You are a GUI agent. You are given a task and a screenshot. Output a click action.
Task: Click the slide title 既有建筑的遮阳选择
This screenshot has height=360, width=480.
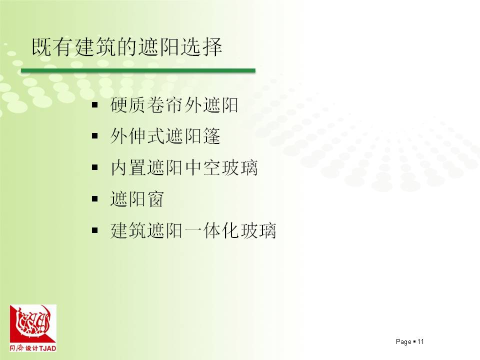127,47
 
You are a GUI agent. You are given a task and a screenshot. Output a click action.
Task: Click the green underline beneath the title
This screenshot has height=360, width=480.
138,70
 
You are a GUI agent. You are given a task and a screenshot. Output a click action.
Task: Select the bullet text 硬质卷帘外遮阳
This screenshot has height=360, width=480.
174,105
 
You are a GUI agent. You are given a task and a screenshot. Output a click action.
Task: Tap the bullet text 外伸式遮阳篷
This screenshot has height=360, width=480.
165,136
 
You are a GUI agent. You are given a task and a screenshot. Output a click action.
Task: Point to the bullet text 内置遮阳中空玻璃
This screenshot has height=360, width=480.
184,168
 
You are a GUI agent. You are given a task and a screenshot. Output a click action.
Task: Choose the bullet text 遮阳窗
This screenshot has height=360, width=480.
137,199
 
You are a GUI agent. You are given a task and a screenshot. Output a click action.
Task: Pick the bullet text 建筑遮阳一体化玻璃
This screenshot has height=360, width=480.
193,230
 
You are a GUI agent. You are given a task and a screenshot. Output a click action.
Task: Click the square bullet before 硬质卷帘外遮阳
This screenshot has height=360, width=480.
95,105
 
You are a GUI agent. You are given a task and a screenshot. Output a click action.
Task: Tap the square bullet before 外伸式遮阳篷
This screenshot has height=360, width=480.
95,136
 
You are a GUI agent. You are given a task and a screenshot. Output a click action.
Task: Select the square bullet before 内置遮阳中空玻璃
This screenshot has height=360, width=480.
95,167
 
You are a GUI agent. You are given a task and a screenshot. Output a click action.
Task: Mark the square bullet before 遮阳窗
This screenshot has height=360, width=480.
95,199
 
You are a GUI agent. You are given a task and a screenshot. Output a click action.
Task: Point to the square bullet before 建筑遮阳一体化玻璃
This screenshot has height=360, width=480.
95,230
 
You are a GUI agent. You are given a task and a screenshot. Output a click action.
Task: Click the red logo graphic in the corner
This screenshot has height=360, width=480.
33,323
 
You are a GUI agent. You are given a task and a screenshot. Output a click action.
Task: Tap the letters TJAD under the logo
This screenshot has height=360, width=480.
48,348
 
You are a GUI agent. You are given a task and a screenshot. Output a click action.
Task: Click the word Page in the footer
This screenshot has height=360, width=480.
403,342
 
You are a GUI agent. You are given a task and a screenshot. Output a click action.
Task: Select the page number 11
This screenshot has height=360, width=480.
420,341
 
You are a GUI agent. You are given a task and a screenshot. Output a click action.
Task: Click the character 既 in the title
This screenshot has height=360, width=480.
41,47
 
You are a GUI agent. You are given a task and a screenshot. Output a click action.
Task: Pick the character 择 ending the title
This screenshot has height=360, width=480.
212,47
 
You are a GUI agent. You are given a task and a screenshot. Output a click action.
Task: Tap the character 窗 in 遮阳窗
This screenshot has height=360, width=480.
155,199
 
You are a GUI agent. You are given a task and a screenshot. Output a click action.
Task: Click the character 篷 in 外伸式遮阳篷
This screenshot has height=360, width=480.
212,136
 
